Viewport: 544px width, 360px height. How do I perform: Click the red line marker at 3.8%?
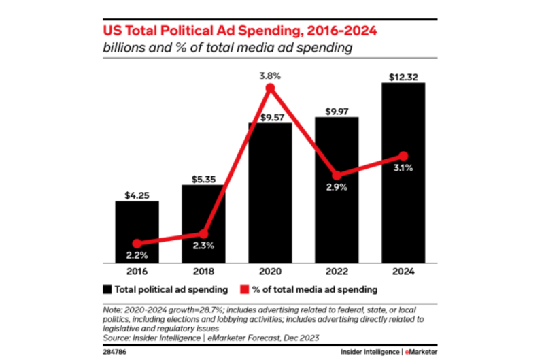[x=270, y=88]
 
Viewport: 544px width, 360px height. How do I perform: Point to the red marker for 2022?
[x=337, y=175]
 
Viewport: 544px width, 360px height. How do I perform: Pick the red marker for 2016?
[x=137, y=243]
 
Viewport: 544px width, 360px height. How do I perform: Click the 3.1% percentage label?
[x=403, y=167]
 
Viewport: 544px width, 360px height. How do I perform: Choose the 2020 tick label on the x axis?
[x=270, y=270]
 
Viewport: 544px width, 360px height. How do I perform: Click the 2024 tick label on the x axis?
[x=403, y=270]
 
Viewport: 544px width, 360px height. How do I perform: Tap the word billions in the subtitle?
[x=122, y=48]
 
